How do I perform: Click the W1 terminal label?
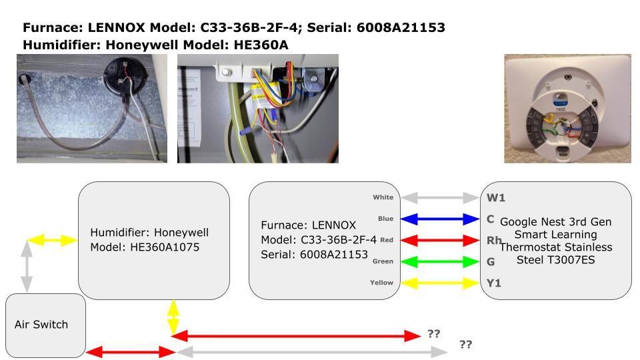pyautogui.click(x=496, y=197)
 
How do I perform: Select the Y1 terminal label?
pyautogui.click(x=494, y=283)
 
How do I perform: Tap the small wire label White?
pyautogui.click(x=383, y=197)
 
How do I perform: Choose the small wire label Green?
pyautogui.click(x=382, y=261)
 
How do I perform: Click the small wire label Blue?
pyautogui.click(x=385, y=219)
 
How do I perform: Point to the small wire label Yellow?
pyautogui.click(x=381, y=283)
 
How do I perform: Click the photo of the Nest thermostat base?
pyautogui.click(x=567, y=109)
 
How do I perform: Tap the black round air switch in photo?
pyautogui.click(x=122, y=71)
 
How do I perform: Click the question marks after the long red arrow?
pyautogui.click(x=433, y=333)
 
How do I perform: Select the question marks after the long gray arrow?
pyautogui.click(x=465, y=345)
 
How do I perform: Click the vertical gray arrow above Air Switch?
pyautogui.click(x=27, y=266)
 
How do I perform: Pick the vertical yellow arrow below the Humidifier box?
pyautogui.click(x=173, y=317)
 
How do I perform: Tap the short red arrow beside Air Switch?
pyautogui.click(x=129, y=351)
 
